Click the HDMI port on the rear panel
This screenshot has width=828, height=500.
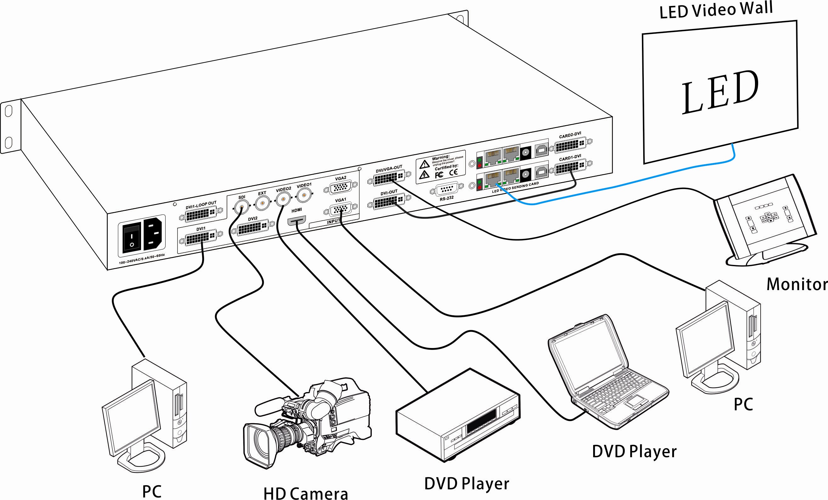click(x=297, y=221)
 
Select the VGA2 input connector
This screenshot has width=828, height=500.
click(x=341, y=187)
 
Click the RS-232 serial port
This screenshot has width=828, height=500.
click(x=447, y=189)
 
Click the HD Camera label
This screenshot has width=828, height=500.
click(x=305, y=493)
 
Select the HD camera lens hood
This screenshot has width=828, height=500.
click(x=256, y=447)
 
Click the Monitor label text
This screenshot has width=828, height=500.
click(x=797, y=284)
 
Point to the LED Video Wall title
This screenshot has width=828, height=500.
click(x=716, y=10)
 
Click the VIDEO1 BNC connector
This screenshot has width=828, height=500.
click(x=304, y=194)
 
